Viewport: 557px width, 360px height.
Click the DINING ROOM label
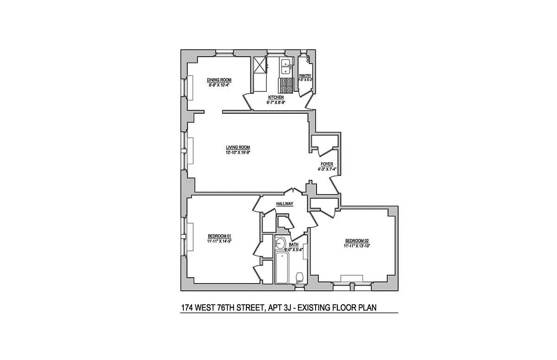[x=219, y=80]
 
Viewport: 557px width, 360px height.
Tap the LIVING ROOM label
[x=238, y=148]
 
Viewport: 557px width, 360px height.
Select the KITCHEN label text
[x=276, y=98]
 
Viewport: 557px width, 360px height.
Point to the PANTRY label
[x=305, y=76]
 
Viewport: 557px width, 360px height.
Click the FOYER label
[x=327, y=164]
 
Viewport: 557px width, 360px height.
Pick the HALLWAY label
[x=285, y=204]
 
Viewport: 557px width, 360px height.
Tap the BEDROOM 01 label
[x=219, y=236]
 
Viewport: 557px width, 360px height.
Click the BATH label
[x=294, y=245]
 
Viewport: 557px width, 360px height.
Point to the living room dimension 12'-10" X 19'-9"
[x=238, y=153]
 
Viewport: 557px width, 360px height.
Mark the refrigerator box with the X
[x=260, y=66]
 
